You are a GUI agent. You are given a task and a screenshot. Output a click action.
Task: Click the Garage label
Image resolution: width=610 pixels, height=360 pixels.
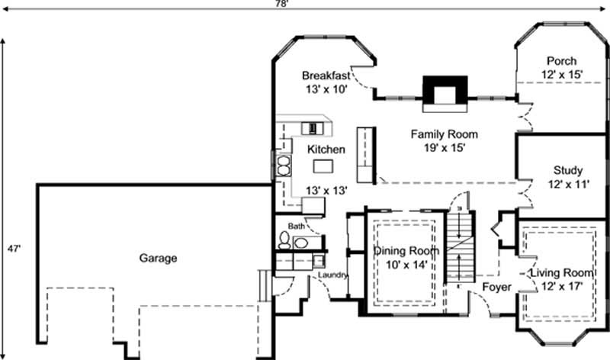tap(158, 259)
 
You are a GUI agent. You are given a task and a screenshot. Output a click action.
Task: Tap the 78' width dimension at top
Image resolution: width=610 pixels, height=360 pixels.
tap(303, 4)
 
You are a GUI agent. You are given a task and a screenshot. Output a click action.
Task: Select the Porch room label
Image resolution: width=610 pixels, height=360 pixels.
tap(561, 62)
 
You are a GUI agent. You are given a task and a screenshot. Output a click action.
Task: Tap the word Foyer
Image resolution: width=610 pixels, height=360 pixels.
tap(496, 287)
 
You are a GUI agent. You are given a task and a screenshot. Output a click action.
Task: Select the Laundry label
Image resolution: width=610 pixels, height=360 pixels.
tap(333, 275)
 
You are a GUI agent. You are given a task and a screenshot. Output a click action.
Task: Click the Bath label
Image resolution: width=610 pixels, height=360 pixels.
tap(296, 227)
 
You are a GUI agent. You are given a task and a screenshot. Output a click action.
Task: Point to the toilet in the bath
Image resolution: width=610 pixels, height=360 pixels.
tap(284, 242)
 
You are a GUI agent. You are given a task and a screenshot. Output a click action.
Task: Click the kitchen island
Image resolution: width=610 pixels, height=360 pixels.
tap(326, 166)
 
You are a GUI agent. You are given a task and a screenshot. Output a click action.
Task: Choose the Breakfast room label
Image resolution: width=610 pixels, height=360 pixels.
tap(326, 76)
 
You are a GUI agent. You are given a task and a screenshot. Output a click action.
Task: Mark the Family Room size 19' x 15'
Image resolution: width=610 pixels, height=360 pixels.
tap(438, 148)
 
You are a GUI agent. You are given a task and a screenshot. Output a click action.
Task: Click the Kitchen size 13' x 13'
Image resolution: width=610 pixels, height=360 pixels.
tap(326, 190)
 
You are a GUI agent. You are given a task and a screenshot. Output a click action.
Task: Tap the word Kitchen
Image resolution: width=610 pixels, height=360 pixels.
tap(326, 149)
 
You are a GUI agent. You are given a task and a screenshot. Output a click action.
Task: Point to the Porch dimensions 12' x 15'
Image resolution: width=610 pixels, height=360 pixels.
tap(562, 75)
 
